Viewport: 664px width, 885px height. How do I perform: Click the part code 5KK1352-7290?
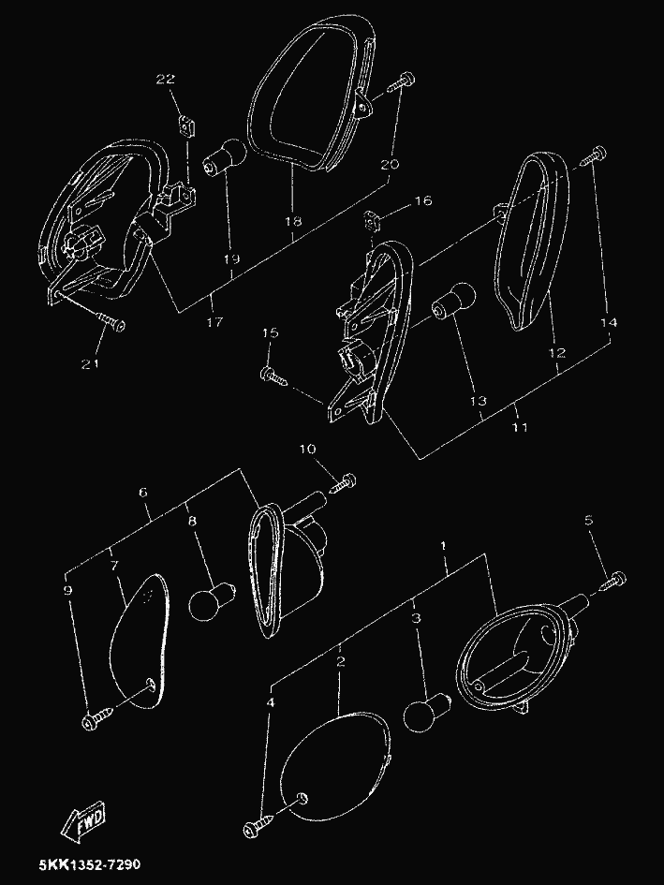point(90,864)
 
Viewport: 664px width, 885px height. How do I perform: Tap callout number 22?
point(166,79)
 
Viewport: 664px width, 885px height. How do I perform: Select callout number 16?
point(423,200)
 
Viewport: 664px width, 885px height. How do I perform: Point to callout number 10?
point(308,450)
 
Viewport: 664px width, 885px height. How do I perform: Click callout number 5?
point(589,520)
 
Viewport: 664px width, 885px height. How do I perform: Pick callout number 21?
point(90,364)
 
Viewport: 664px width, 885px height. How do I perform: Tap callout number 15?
point(271,333)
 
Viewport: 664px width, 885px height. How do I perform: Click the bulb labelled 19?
point(225,155)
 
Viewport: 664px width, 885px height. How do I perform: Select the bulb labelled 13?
point(453,301)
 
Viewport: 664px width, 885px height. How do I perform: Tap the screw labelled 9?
point(98,718)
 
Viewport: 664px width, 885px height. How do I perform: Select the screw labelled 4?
point(259,825)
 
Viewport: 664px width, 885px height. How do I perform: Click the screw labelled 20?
point(402,81)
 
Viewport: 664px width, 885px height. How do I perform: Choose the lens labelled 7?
point(140,642)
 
